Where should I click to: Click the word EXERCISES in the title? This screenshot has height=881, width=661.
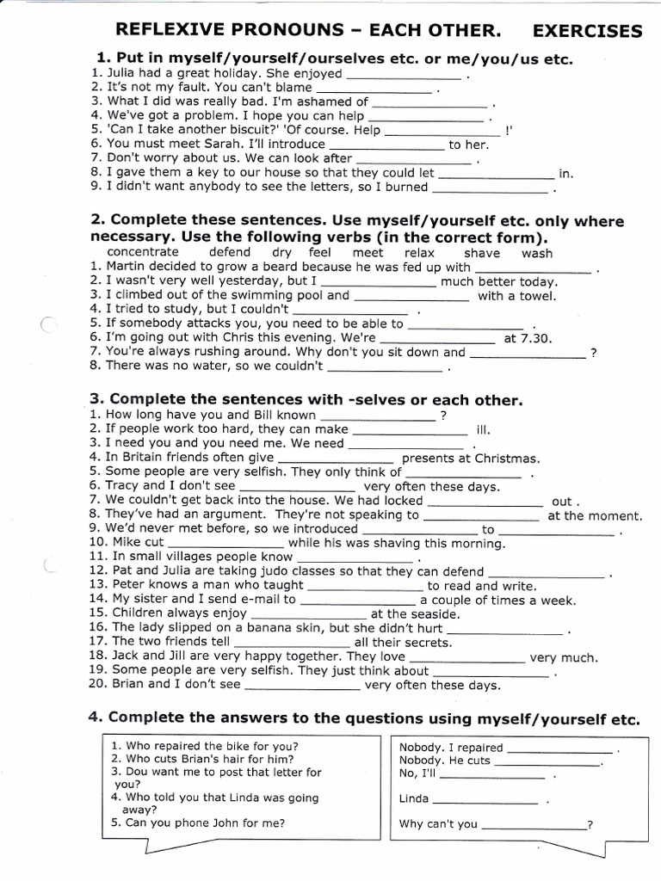(587, 32)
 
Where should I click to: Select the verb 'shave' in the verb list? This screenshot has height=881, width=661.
(481, 253)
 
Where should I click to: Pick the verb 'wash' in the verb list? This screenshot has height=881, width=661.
(537, 253)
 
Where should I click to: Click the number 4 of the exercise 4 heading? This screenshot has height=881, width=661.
(95, 718)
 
